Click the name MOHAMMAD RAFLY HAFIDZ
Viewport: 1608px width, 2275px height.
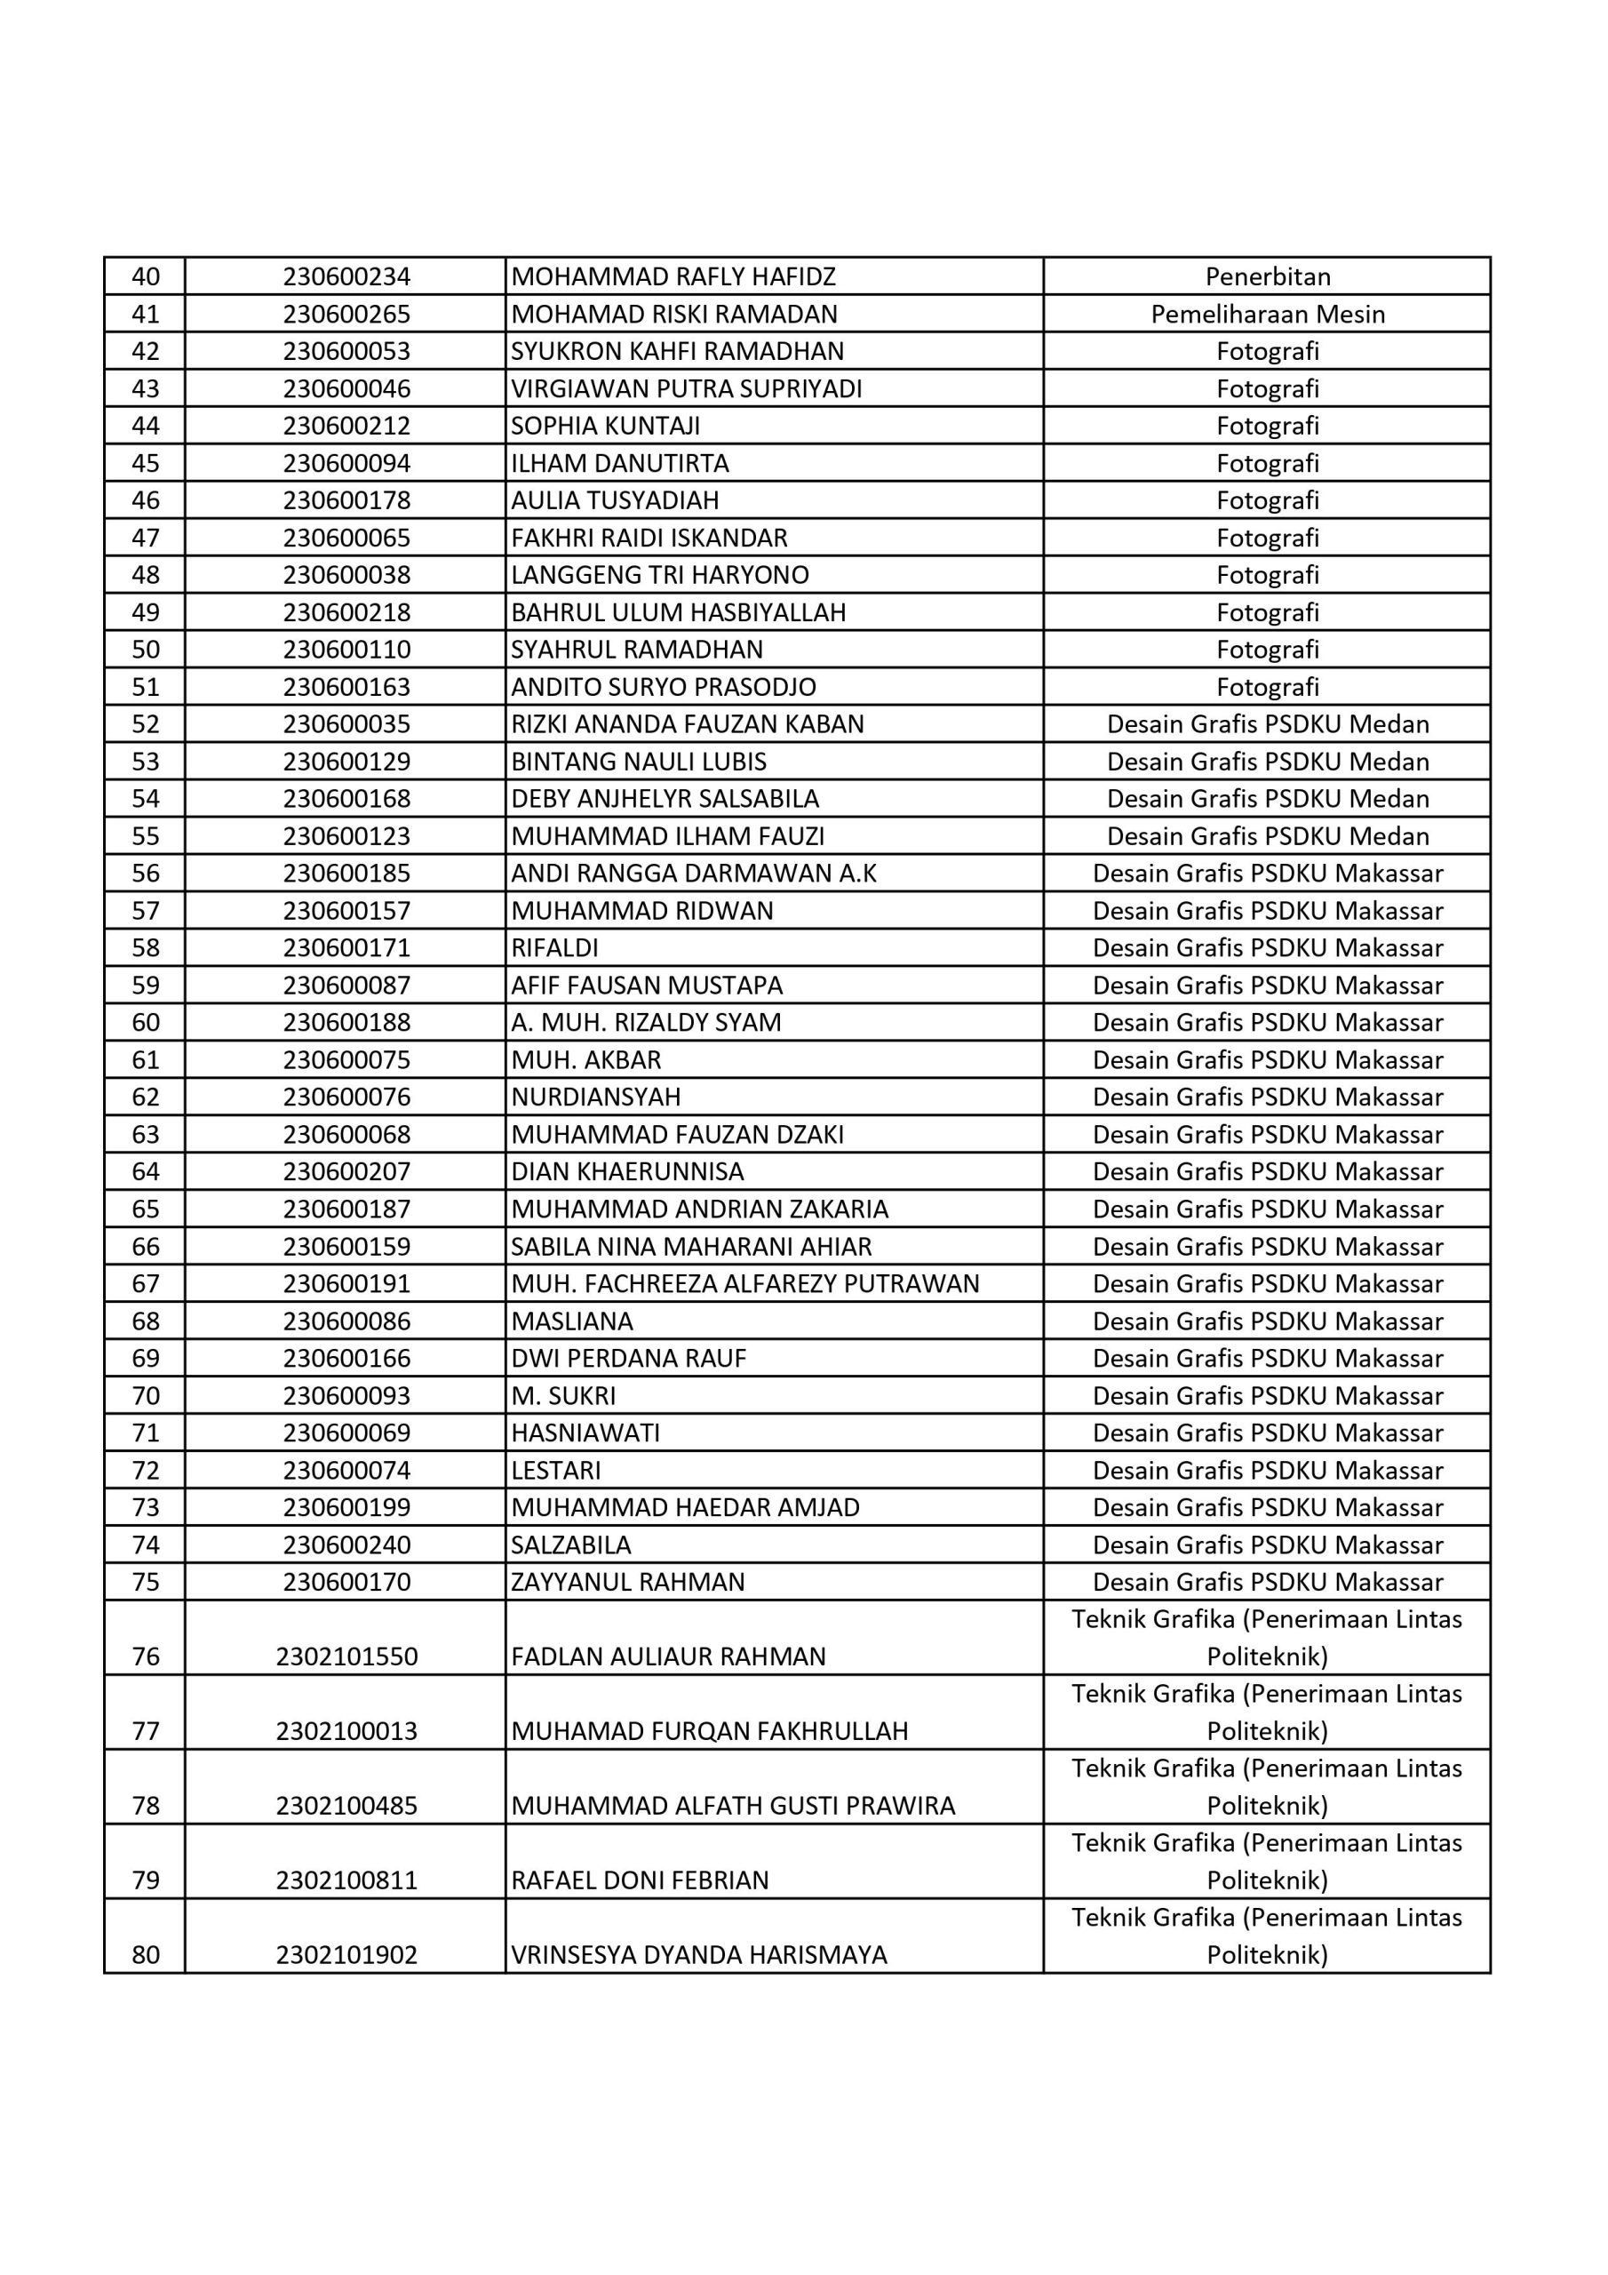673,276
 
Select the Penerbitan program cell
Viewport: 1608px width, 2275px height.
1267,276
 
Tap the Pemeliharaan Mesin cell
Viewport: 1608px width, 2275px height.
1267,314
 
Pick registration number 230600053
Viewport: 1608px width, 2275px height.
346,352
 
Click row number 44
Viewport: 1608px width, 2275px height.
146,426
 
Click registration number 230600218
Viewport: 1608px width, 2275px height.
346,612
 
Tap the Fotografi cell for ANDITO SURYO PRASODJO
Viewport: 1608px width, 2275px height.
1267,687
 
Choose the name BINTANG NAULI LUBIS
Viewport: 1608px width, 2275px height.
638,762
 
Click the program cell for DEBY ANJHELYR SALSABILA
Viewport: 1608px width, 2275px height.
1267,799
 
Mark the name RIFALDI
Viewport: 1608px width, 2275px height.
555,948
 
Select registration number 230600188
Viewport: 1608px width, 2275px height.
346,1023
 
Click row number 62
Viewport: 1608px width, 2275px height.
146,1097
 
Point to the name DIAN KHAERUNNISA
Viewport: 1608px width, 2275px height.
627,1172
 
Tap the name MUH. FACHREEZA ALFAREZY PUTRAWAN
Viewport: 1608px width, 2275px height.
745,1284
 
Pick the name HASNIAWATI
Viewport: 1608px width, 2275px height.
585,1433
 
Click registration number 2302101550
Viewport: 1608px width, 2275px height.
346,1656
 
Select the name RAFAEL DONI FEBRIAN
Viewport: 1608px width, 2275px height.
639,1880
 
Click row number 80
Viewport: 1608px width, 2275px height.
146,1955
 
